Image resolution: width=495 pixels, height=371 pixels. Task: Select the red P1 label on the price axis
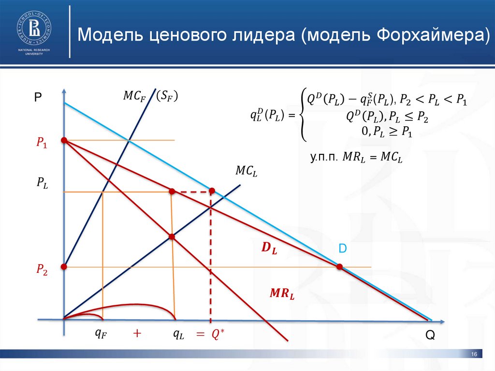pyautogui.click(x=42, y=143)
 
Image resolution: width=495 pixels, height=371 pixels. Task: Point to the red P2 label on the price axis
pyautogui.click(x=42, y=270)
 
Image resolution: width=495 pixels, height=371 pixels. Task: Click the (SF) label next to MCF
pyautogui.click(x=167, y=96)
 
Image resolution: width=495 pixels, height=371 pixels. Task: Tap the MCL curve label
pyautogui.click(x=246, y=171)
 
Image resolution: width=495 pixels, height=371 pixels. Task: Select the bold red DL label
pyautogui.click(x=269, y=249)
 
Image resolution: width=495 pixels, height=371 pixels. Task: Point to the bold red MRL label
pyautogui.click(x=282, y=293)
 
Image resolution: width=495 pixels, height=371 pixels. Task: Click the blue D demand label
pyautogui.click(x=342, y=248)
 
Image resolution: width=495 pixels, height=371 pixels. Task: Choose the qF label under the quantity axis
pyautogui.click(x=101, y=333)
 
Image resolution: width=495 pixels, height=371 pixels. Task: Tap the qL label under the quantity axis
pyautogui.click(x=180, y=333)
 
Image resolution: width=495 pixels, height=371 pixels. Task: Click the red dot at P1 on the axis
pyautogui.click(x=63, y=140)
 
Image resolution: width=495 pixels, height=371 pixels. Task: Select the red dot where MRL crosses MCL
pyautogui.click(x=172, y=237)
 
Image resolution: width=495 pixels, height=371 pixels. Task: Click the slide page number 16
pyautogui.click(x=474, y=356)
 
